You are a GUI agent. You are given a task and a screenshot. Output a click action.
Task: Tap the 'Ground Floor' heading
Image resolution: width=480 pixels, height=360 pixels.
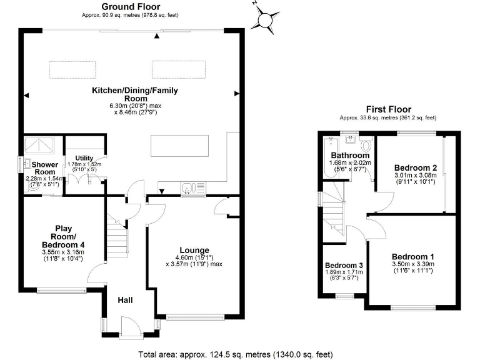pos(131,7)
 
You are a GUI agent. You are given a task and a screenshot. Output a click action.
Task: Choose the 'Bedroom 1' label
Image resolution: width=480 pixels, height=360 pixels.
pos(412,257)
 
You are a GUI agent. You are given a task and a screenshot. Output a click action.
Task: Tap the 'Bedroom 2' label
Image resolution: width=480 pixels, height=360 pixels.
pos(414,167)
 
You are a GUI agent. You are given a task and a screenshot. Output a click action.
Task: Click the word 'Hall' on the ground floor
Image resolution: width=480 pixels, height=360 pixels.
pos(126,301)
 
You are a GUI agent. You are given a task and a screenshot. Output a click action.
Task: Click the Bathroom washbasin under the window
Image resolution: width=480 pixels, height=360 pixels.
pos(351,139)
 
